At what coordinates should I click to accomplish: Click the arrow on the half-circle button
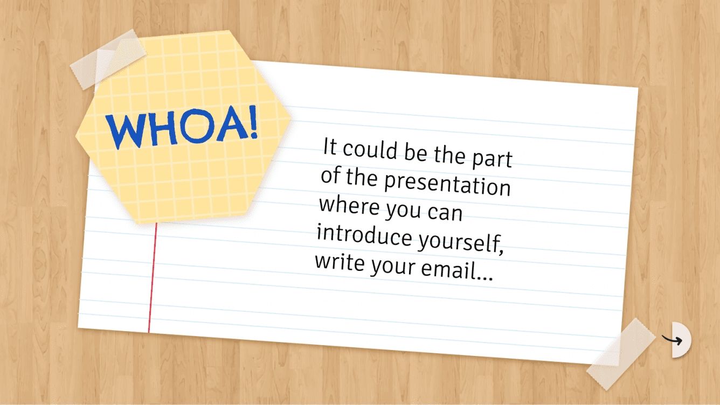click(x=673, y=340)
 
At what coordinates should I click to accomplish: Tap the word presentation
click(x=447, y=184)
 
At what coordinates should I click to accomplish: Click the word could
click(x=371, y=150)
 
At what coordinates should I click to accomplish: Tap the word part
click(x=491, y=159)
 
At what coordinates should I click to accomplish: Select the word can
click(x=445, y=213)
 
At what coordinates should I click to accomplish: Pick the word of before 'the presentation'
click(x=331, y=176)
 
